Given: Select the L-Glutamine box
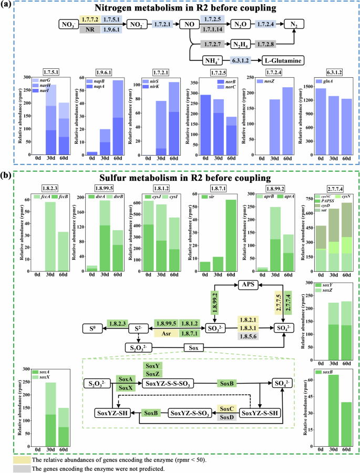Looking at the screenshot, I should coord(282,61).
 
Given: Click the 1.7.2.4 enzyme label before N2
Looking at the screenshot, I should coord(266,24).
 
